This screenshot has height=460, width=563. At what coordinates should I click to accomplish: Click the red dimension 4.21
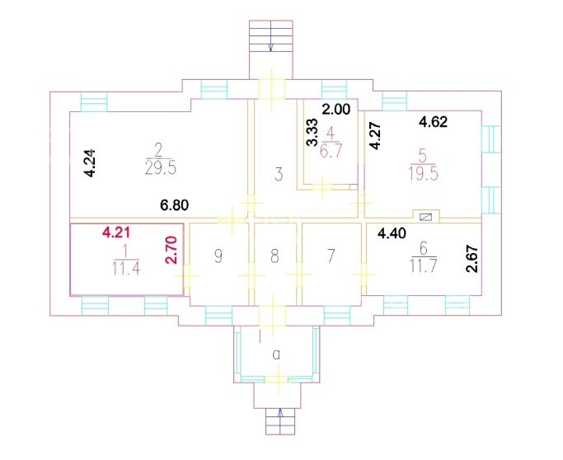(x=116, y=232)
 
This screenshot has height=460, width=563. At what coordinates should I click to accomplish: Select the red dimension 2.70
(x=172, y=250)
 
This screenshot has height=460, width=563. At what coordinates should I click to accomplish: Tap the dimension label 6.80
(x=175, y=205)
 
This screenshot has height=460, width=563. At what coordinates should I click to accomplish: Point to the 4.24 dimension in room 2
(x=90, y=163)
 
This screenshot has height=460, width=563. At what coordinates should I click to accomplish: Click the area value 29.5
(x=161, y=167)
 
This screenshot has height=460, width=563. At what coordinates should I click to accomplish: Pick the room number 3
(x=279, y=175)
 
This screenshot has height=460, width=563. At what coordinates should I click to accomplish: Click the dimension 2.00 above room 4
(x=335, y=109)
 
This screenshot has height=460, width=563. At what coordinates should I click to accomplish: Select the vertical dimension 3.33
(x=312, y=133)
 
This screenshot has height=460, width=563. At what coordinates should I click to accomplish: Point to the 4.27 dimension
(x=376, y=136)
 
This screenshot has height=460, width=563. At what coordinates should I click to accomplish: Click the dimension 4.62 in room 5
(x=434, y=122)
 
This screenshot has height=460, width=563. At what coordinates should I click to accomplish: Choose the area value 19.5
(x=423, y=174)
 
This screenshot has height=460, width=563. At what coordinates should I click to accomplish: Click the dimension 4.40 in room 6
(x=392, y=234)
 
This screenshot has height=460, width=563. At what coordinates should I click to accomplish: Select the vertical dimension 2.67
(x=473, y=259)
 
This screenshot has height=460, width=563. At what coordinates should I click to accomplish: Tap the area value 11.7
(x=424, y=266)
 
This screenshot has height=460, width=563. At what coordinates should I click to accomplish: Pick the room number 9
(x=218, y=256)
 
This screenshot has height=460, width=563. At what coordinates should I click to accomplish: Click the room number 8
(x=274, y=256)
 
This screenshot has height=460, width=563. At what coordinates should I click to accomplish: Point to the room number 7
(x=331, y=256)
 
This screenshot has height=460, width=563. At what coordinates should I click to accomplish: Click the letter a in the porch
(x=276, y=354)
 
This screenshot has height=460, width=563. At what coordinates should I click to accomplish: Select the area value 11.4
(x=126, y=268)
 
